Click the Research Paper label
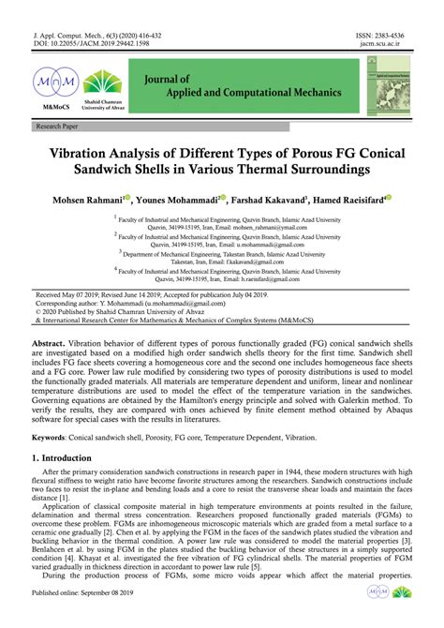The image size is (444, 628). pyautogui.click(x=57, y=125)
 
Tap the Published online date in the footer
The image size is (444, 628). pyautogui.click(x=85, y=620)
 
